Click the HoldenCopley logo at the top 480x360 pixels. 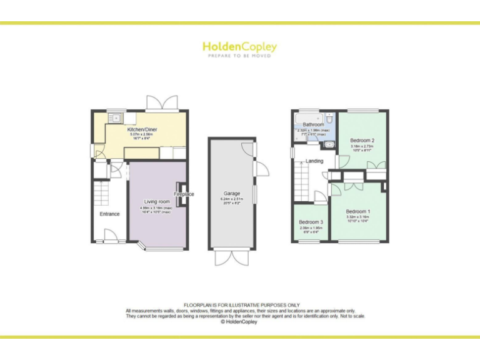coord(239,47)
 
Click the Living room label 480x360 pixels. coord(157,202)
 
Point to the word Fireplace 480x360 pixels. coord(184,194)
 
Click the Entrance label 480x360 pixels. coord(109,214)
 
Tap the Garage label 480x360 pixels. coord(232,194)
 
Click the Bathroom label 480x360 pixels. coord(313,125)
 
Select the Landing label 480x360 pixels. coord(314,161)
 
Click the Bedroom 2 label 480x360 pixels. coord(362,141)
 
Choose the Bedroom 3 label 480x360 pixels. coord(311,222)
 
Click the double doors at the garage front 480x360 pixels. coord(231,257)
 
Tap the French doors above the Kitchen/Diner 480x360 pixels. coord(161,103)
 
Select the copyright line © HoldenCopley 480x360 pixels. coord(240,322)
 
